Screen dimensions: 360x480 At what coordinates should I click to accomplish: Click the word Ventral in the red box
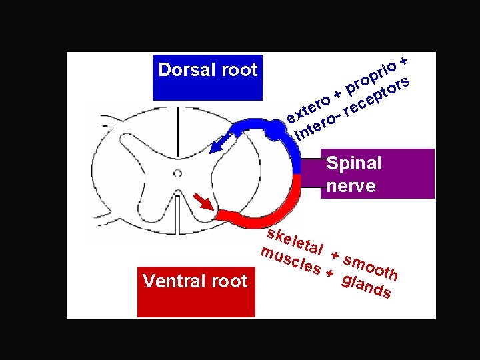pyautogui.click(x=168, y=281)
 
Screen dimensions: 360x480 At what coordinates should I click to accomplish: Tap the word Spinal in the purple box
pyautogui.click(x=353, y=163)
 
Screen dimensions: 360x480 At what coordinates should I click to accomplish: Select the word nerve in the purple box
pyautogui.click(x=351, y=186)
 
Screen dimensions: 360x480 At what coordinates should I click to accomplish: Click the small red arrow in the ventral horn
pyautogui.click(x=203, y=199)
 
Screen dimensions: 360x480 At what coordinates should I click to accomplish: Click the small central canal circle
pyautogui.click(x=177, y=173)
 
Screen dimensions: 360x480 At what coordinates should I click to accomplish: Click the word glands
pyautogui.click(x=365, y=285)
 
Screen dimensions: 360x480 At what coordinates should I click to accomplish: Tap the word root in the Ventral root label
pyautogui.click(x=229, y=281)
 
